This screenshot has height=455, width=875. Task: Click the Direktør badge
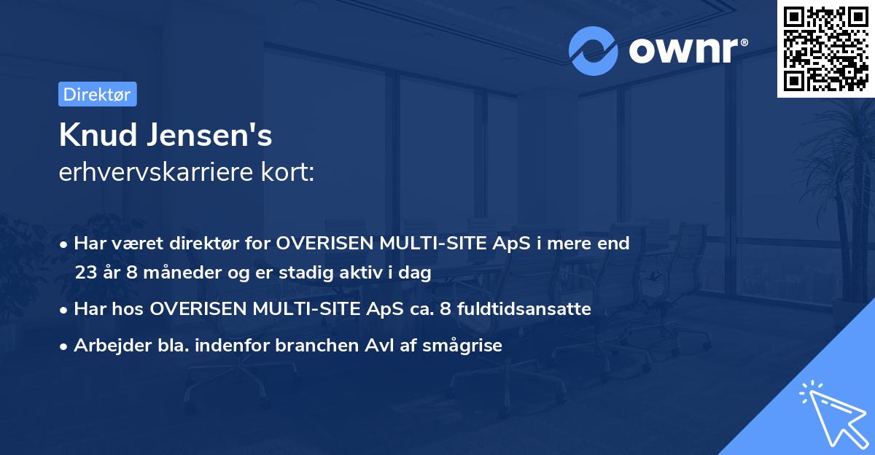pos(97,94)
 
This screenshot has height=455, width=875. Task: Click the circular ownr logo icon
pos(593,50)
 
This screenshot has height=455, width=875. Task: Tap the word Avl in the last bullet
pos(408,346)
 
